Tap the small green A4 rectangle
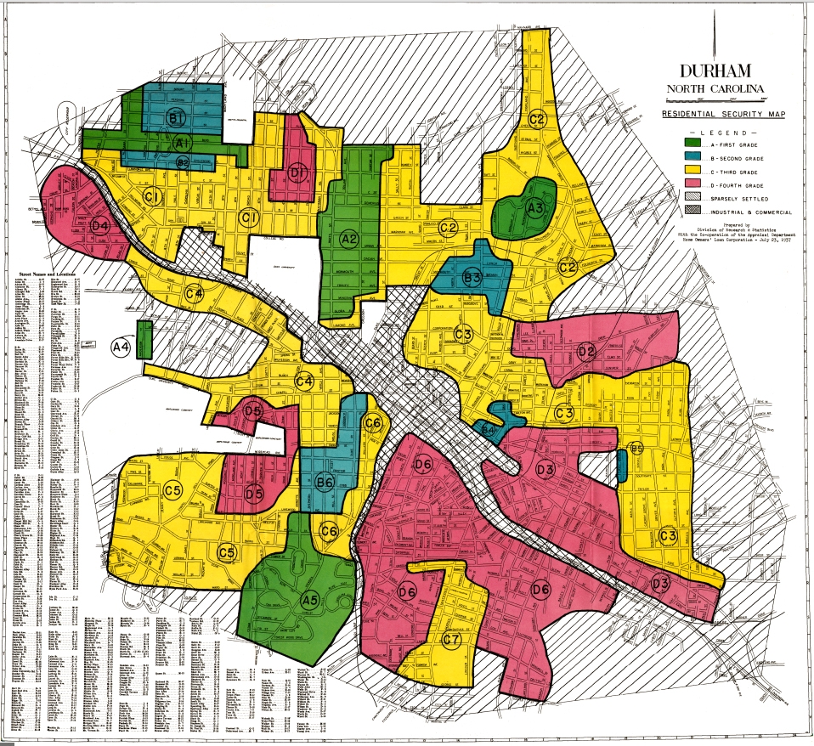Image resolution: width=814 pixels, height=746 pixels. point(144,339)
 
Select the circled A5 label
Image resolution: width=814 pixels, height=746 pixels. point(309,600)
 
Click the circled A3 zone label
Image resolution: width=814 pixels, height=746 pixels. point(534,206)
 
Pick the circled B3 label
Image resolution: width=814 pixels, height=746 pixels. point(472,276)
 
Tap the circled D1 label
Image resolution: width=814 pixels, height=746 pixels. point(296,174)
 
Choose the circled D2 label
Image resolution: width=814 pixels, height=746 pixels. point(585,351)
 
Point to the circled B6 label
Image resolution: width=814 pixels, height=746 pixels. point(324,483)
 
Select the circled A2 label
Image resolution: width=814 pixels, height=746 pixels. point(348,239)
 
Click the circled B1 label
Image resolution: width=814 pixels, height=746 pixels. point(177,118)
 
